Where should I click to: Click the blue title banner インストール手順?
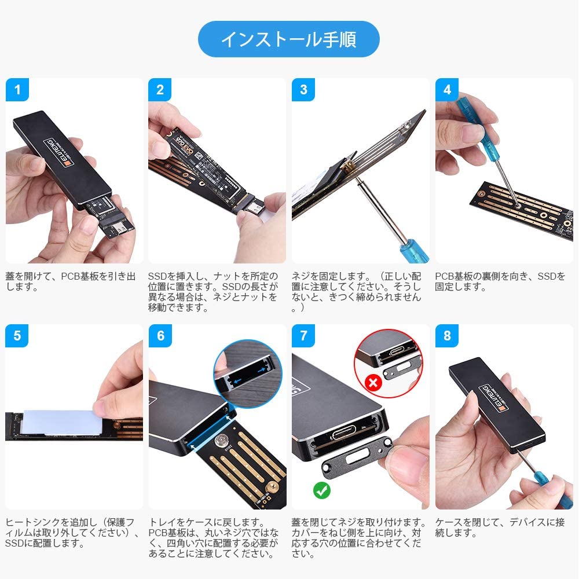point(289,39)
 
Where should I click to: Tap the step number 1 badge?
point(17,89)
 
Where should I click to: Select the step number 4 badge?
point(447,89)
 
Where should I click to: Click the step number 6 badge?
point(160,336)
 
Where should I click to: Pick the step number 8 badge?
point(447,336)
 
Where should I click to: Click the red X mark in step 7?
point(373,383)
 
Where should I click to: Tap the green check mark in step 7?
point(321,490)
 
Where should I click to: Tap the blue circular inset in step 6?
point(248,373)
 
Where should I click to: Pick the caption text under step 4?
point(500,281)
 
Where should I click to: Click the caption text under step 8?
point(500,527)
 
